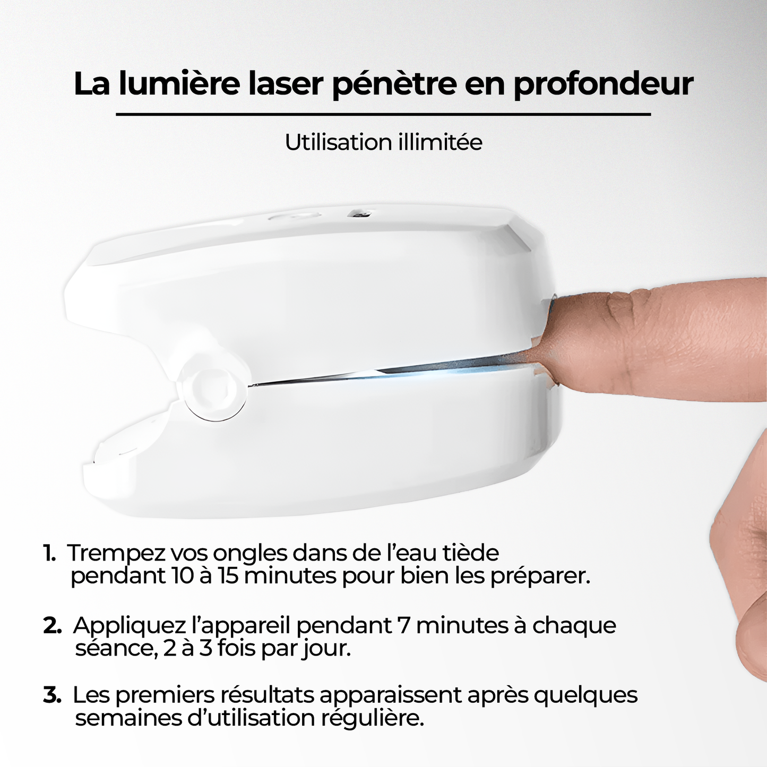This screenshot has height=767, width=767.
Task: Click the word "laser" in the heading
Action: pyautogui.click(x=286, y=83)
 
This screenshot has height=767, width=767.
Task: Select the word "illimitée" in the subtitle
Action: pyautogui.click(x=435, y=142)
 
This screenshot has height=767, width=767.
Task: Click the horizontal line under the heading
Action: pyautogui.click(x=383, y=114)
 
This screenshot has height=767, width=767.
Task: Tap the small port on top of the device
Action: pyautogui.click(x=359, y=214)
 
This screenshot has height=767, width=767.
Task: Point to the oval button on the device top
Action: pyautogui.click(x=294, y=216)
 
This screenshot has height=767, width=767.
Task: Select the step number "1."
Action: pyautogui.click(x=49, y=553)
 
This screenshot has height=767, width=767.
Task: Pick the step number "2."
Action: pyautogui.click(x=52, y=625)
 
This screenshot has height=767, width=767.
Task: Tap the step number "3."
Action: pyautogui.click(x=52, y=695)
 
